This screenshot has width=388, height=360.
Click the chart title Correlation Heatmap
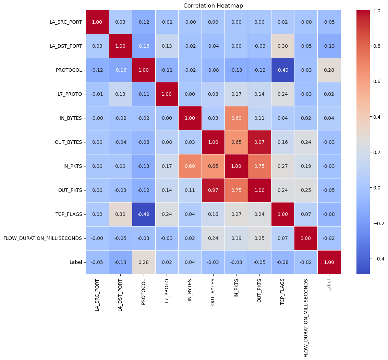coord(213,5)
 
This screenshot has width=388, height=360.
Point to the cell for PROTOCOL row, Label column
coord(329,70)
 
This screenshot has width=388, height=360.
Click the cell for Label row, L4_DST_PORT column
coord(121,262)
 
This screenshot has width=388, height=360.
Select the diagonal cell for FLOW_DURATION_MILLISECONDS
coord(306,238)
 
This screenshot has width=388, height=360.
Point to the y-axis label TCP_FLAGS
coord(70,214)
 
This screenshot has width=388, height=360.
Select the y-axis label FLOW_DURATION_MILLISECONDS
coord(43,238)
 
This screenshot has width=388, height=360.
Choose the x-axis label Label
coord(329,284)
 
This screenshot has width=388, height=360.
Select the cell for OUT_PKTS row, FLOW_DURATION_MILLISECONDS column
coord(306,190)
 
